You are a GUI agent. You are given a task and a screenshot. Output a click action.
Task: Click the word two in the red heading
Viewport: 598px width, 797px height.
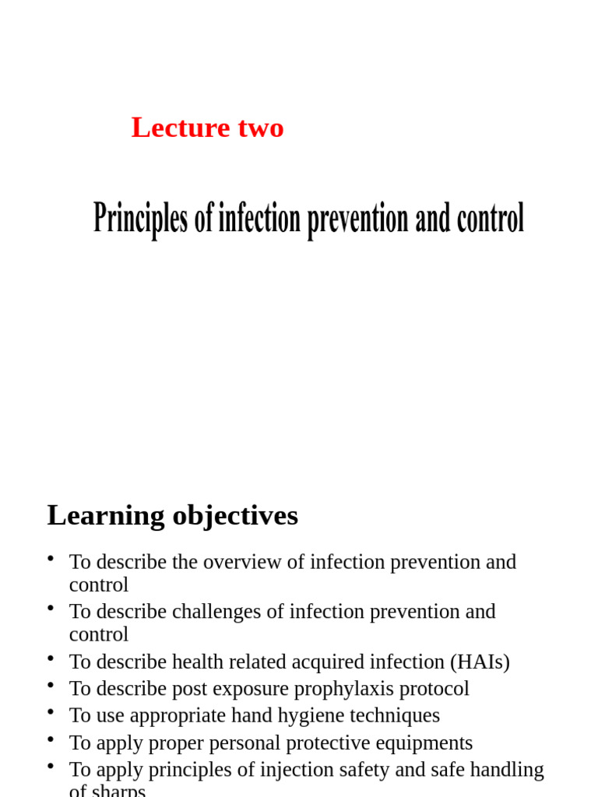coord(261,128)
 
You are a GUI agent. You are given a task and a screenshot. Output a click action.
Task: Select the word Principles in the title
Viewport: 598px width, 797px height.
coord(141,219)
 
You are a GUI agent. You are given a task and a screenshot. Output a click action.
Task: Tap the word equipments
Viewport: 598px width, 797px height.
coord(426,743)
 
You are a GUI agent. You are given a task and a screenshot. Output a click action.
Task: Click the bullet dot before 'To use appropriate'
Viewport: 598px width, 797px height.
coord(51,711)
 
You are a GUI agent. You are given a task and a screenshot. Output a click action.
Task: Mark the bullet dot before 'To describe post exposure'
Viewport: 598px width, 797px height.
coord(51,685)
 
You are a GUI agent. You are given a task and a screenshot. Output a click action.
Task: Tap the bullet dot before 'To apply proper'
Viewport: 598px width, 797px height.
coord(51,739)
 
